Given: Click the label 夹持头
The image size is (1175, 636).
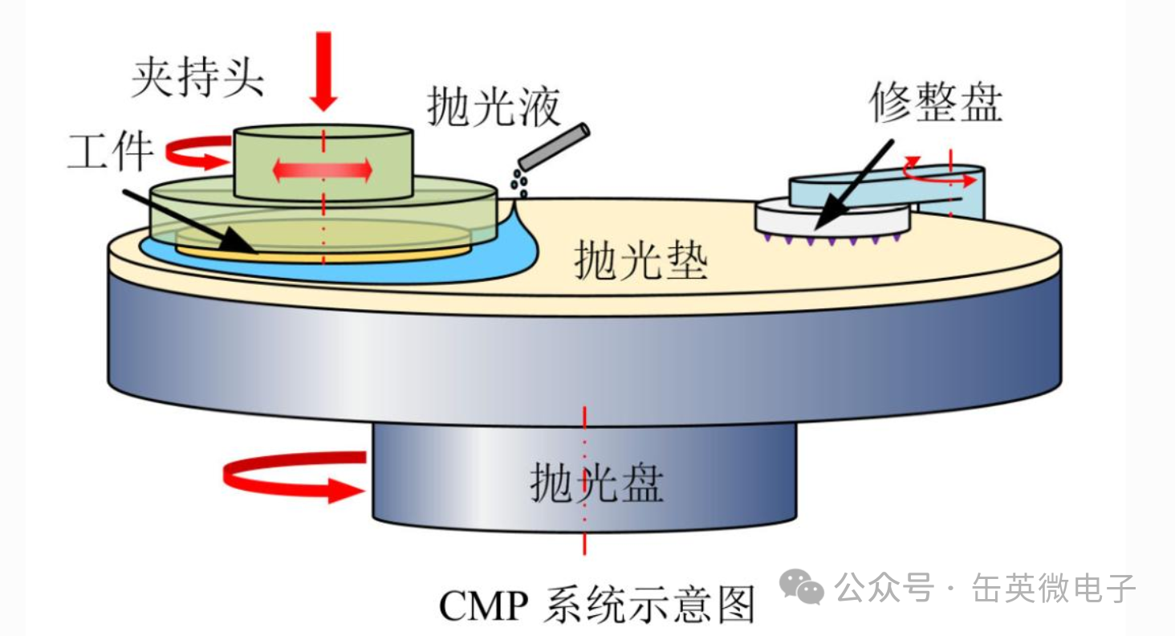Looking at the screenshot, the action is point(197,78).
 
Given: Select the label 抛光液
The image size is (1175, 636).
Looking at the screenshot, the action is point(494,107).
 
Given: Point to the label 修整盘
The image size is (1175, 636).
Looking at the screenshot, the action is point(936,102).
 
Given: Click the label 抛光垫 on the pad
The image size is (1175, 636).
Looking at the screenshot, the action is point(641,260).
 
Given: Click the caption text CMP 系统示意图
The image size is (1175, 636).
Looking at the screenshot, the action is point(597,605).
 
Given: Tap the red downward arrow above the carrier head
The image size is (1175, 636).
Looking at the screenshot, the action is point(323,71).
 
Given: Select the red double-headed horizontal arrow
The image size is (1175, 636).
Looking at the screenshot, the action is point(323,170).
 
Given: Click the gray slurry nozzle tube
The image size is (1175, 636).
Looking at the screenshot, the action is point(554,147).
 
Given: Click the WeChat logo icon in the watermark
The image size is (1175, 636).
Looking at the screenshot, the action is point(802,586).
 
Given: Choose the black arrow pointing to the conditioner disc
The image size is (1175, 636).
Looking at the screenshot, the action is point(854,184).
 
